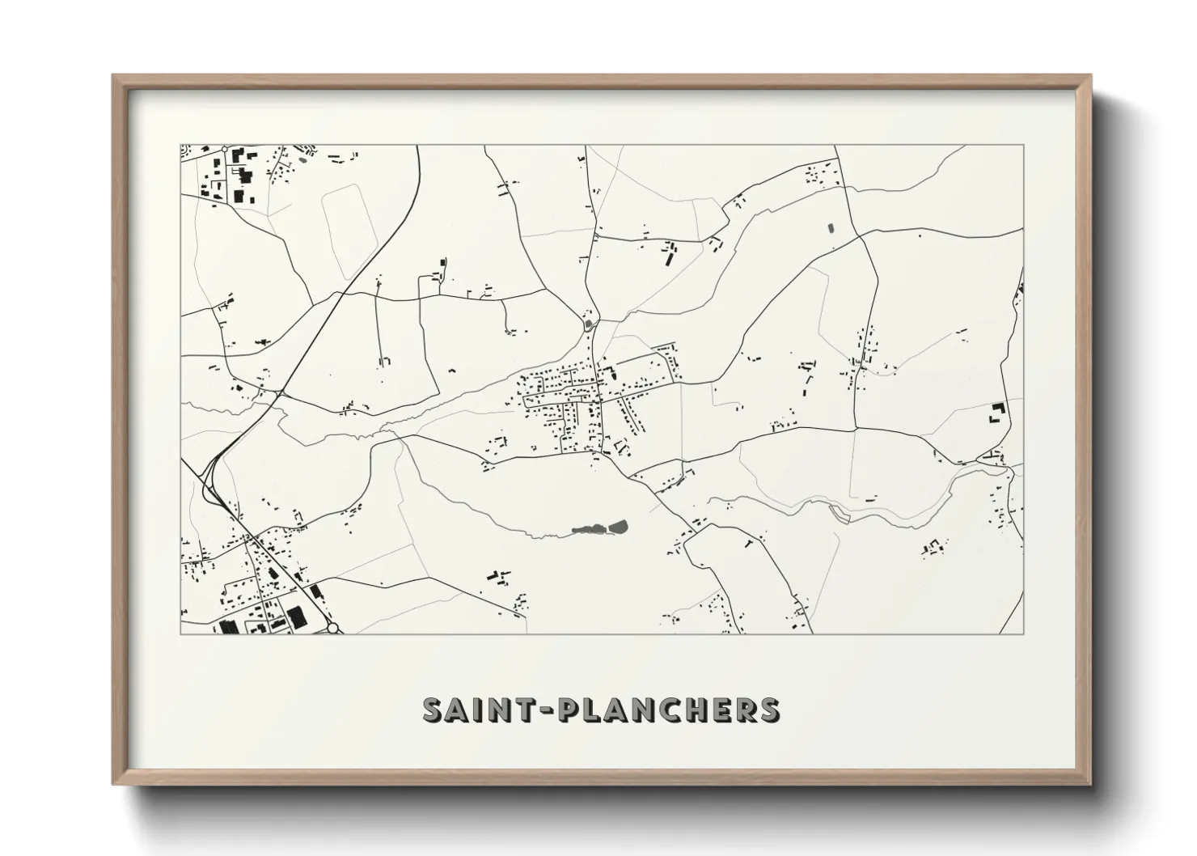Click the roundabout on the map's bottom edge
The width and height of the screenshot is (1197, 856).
[332, 628]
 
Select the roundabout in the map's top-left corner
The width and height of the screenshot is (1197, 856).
[222, 150]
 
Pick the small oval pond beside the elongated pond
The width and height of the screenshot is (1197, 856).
[619, 528]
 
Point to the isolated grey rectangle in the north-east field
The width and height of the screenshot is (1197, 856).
[831, 227]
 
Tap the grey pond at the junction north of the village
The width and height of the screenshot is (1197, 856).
[588, 326]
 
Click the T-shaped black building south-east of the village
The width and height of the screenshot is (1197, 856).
[748, 543]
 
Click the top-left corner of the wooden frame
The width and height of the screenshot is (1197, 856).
[114, 76]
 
